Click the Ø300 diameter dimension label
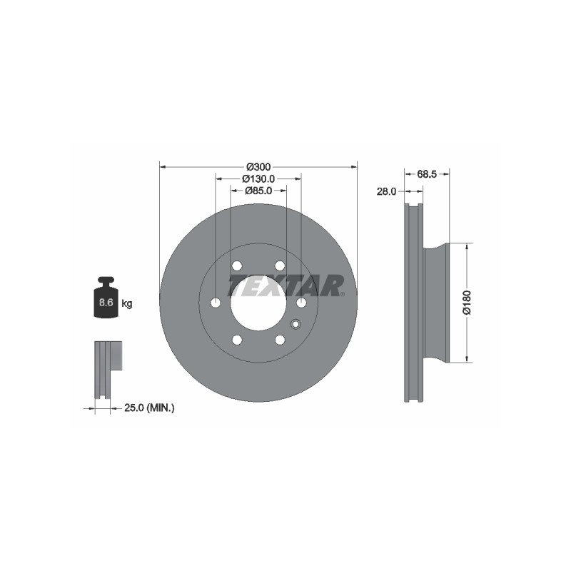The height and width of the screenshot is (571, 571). tap(258, 167)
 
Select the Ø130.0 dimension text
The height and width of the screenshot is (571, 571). tap(258, 179)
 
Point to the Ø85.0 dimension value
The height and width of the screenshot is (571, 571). tap(258, 191)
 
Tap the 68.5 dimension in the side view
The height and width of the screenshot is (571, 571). tap(427, 174)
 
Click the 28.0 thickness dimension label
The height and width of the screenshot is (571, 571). tap(386, 191)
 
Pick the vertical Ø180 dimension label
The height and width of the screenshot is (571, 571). tap(467, 303)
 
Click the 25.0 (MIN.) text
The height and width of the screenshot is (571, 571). tap(149, 408)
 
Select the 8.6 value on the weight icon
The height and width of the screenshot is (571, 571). tap(106, 302)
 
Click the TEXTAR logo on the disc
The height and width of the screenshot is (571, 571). tap(286, 285)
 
